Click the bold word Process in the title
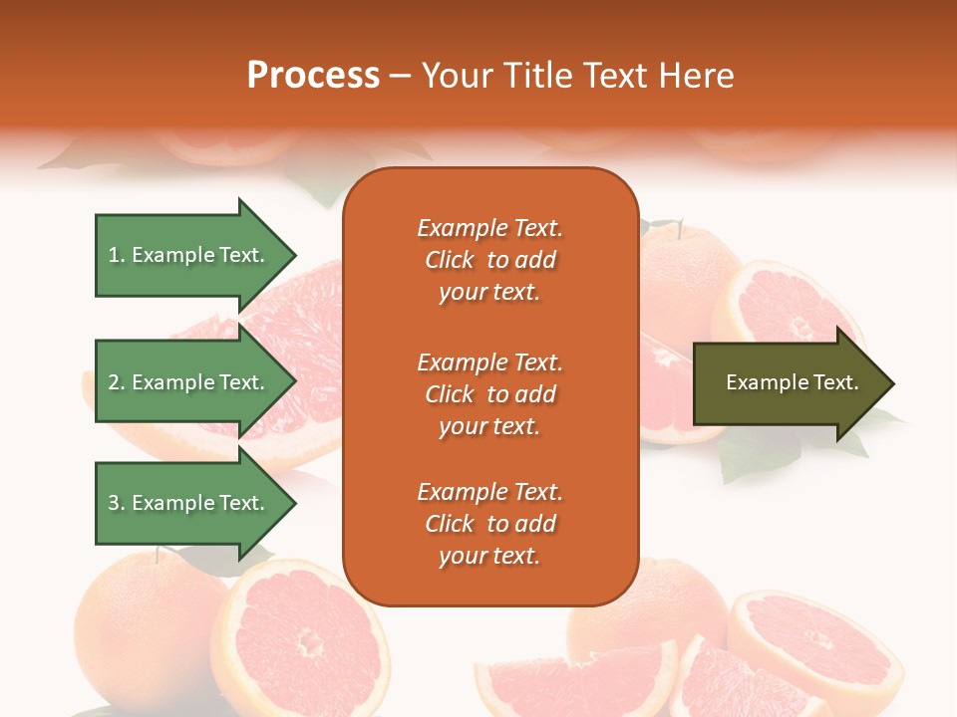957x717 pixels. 313,76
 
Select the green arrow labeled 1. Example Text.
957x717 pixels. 189,255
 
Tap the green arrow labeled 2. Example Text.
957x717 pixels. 189,382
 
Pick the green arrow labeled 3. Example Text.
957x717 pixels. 189,503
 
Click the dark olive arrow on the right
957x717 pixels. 788,383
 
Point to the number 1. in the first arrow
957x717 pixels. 117,255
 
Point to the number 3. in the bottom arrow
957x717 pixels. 117,503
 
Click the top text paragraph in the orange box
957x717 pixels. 489,260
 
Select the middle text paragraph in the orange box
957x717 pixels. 489,394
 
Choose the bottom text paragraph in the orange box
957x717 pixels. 489,524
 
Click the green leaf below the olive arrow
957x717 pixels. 758,458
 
